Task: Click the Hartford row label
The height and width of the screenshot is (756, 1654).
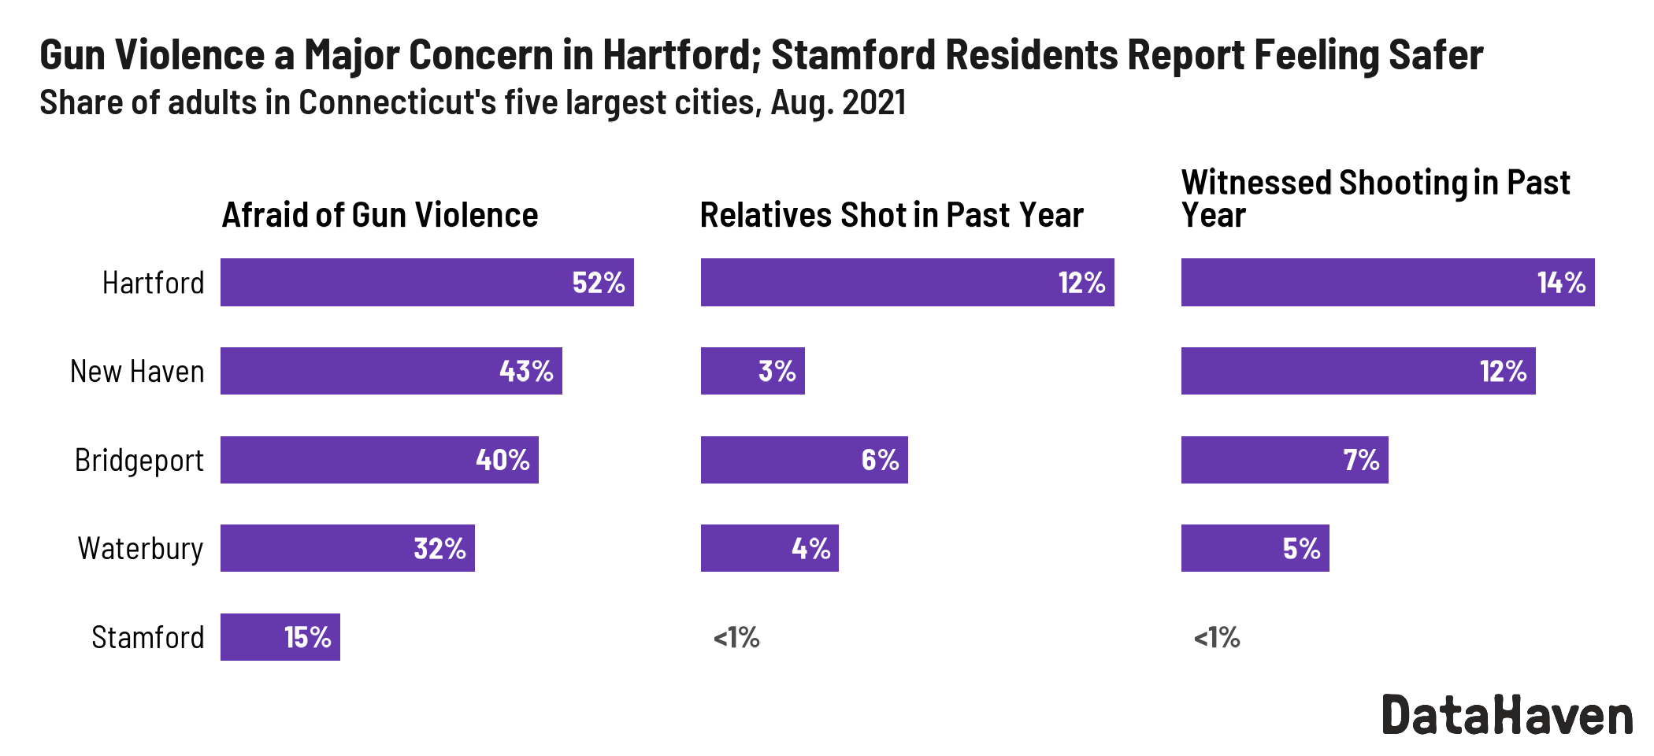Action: [153, 283]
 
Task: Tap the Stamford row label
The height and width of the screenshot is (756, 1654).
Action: [147, 637]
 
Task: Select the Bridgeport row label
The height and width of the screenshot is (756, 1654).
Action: [139, 460]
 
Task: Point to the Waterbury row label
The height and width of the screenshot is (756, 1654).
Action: [140, 548]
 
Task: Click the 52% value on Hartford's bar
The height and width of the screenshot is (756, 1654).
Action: [598, 283]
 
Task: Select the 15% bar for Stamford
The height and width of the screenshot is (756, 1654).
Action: [280, 637]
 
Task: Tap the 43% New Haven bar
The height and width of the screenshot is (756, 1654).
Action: [391, 371]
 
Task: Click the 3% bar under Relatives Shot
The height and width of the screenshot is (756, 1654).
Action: [752, 371]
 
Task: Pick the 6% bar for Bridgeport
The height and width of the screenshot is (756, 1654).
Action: [803, 460]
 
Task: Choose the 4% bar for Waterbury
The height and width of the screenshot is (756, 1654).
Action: [770, 548]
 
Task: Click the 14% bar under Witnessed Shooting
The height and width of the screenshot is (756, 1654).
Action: [1387, 283]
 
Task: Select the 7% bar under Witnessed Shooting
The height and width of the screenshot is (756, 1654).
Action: [1284, 460]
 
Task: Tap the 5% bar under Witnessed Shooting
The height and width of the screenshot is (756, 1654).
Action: [1255, 548]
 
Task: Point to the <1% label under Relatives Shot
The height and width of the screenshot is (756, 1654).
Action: [736, 637]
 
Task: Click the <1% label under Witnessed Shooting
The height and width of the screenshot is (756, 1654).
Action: [1217, 637]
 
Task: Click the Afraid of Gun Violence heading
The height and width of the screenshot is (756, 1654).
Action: [380, 215]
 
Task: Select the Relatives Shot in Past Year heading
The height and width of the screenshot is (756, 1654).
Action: [892, 215]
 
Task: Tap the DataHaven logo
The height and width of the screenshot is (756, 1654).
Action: [1507, 715]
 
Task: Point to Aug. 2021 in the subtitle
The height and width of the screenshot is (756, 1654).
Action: [838, 102]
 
